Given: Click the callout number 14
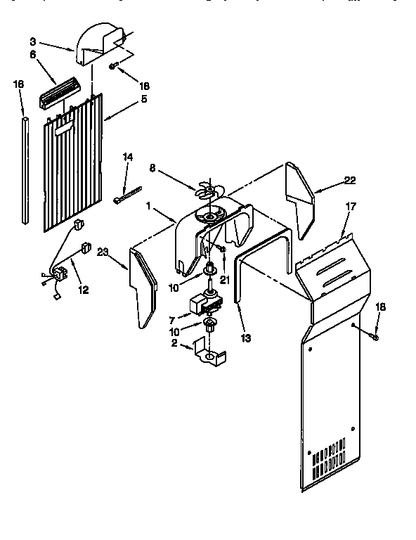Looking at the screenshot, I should (127, 156).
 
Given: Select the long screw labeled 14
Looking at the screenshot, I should (127, 194).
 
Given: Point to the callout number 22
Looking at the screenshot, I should (350, 181).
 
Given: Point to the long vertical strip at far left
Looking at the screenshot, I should (25, 172).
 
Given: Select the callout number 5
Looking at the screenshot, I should (144, 99).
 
